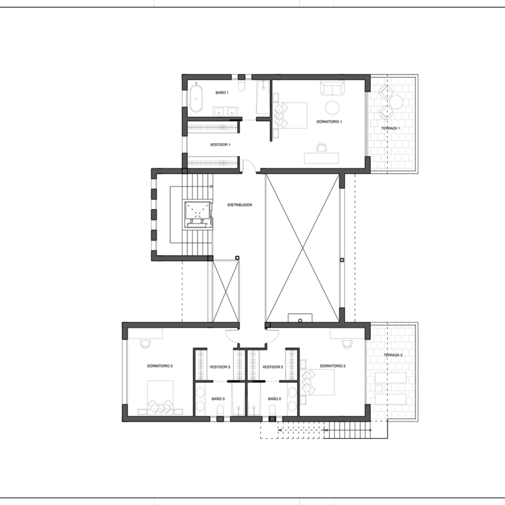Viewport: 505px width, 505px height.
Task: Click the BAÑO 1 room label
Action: pos(222,93)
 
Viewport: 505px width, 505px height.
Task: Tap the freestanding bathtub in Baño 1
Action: pos(196,98)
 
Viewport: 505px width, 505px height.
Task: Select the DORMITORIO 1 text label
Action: pos(329,122)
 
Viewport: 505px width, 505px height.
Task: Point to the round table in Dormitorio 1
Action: pos(332,107)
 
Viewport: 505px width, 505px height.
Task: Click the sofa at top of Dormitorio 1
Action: pos(332,88)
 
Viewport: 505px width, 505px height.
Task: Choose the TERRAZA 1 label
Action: pos(390,128)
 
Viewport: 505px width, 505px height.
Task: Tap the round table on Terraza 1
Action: pos(396,102)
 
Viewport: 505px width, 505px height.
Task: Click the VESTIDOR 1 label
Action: pos(220,144)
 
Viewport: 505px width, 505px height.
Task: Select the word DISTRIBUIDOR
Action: pos(240,205)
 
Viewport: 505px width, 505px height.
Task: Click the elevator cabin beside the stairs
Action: pos(197,214)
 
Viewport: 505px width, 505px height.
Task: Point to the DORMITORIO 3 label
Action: pos(160,366)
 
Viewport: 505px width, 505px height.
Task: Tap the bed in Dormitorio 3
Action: pos(161,397)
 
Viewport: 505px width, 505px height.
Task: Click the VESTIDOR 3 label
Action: pos(219,367)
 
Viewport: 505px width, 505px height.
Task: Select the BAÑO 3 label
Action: pos(218,399)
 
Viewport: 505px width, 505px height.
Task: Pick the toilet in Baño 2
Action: pos(273,410)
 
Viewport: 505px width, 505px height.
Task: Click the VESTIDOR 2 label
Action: pos(273,367)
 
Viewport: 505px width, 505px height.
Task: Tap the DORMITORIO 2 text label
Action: pos(333,366)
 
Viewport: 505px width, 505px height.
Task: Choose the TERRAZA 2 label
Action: pos(393,355)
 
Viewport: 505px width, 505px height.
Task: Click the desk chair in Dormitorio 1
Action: pos(321,147)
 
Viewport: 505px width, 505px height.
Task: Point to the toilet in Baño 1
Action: pos(241,85)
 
